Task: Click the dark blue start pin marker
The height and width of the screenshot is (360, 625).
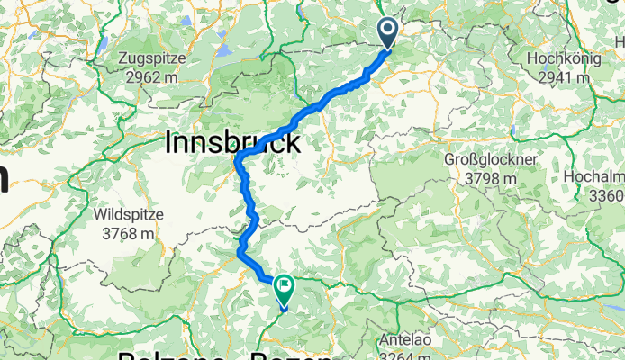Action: (x=389, y=32)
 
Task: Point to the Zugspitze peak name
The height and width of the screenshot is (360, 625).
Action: (x=152, y=58)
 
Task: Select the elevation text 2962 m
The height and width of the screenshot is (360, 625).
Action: (x=152, y=76)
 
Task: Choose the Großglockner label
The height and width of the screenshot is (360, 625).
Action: (x=491, y=160)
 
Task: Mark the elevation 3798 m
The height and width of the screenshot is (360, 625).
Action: (x=491, y=178)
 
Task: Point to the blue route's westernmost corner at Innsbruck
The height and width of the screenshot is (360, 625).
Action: (x=238, y=160)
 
